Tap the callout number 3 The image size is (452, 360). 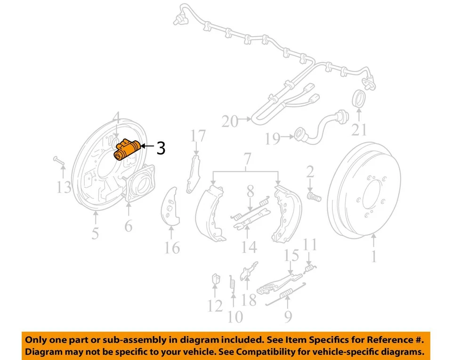tap(161, 149)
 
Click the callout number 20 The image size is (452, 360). tap(230, 121)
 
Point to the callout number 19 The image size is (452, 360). tap(272, 138)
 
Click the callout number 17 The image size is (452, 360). tap(198, 136)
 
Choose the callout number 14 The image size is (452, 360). tap(249, 246)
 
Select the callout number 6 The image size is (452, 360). tap(129, 226)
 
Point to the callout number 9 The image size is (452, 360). tap(287, 316)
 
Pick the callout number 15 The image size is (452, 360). tap(291, 256)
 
